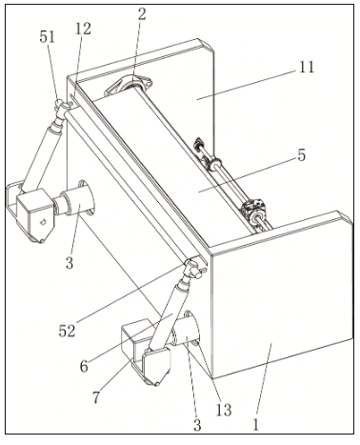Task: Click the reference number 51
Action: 47,37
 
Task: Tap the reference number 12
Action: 83,29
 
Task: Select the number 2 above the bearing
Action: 142,14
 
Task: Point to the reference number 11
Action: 307,67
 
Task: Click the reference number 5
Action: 302,154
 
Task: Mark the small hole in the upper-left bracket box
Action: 43,221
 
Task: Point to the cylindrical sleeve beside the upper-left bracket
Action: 75,200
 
